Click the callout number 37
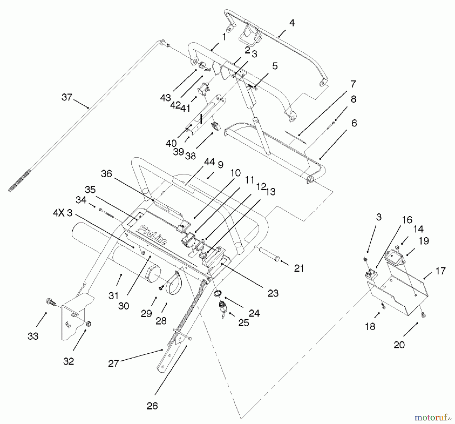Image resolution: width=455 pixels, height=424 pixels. [x=67, y=97]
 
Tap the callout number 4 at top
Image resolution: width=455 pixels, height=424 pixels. [x=292, y=23]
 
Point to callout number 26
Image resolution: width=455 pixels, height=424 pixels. [x=152, y=406]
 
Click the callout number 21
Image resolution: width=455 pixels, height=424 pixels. [x=299, y=268]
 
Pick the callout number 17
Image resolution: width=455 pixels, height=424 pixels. [x=441, y=271]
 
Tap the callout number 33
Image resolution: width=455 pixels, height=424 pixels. [x=33, y=336]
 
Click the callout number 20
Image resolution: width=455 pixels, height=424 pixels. [x=399, y=345]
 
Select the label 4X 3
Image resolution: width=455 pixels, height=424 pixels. [x=63, y=213]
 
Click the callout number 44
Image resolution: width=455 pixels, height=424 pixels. [x=209, y=162]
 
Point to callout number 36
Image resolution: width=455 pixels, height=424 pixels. [x=106, y=174]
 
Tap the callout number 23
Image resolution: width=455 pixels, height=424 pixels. [x=273, y=293]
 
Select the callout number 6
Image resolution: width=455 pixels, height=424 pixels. [x=354, y=123]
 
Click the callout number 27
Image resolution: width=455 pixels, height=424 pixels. [x=113, y=364]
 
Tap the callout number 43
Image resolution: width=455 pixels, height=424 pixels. [x=166, y=98]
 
